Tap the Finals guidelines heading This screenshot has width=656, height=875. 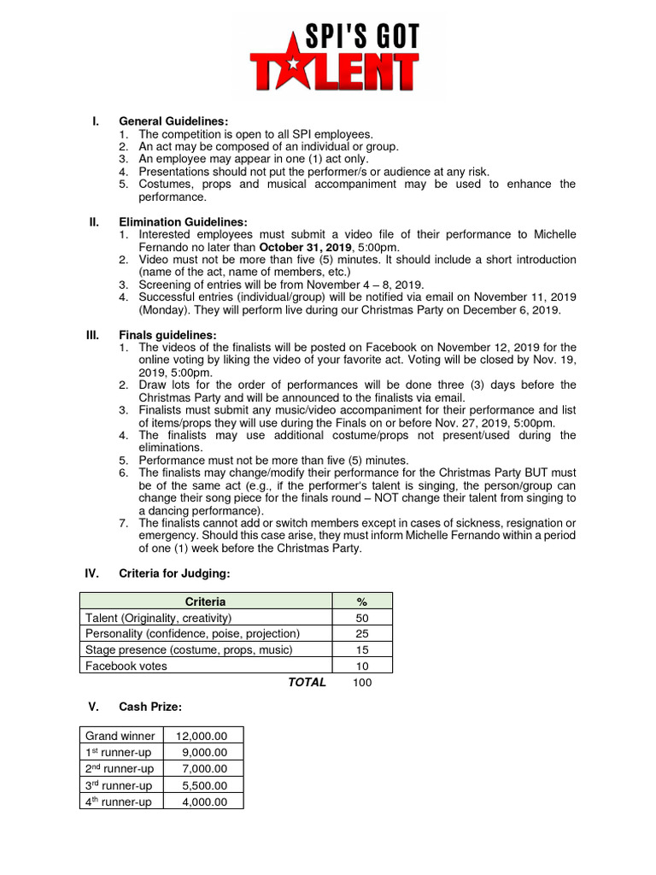(167, 335)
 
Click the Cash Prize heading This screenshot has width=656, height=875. (150, 707)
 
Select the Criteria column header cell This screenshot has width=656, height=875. (205, 602)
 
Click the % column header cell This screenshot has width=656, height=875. (361, 602)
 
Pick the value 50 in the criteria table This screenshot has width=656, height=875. (361, 618)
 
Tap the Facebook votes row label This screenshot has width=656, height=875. (126, 666)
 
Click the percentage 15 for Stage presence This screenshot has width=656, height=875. (361, 650)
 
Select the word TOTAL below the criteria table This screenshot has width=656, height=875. (307, 683)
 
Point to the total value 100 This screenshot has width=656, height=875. (362, 683)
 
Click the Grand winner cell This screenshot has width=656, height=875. (120, 736)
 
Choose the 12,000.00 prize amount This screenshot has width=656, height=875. (202, 736)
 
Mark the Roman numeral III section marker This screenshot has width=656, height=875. (94, 335)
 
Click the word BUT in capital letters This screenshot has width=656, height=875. (536, 473)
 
